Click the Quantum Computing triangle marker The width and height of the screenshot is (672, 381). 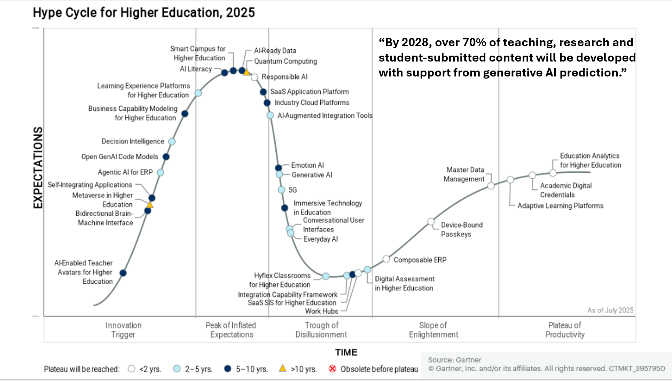click(247, 72)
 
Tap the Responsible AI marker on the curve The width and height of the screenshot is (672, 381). click(255, 77)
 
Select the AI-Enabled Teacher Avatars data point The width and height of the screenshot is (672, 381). click(123, 273)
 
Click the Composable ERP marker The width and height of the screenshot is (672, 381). click(386, 259)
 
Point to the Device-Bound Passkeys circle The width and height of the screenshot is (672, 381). click(431, 222)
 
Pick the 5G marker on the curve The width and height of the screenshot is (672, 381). click(282, 190)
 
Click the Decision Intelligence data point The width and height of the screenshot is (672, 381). click(172, 141)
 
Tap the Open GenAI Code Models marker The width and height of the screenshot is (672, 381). click(166, 157)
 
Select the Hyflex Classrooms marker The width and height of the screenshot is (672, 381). click(326, 276)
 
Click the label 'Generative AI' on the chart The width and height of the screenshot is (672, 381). click(312, 175)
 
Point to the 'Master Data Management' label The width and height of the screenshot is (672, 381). click(464, 174)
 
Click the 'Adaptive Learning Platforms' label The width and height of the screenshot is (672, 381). click(560, 206)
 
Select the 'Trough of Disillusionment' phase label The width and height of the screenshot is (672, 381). click(321, 330)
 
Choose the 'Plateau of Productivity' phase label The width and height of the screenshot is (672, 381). click(565, 330)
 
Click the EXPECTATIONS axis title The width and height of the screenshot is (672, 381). click(38, 168)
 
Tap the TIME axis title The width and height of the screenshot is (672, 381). click(346, 352)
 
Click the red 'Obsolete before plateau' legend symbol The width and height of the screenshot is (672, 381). click(333, 368)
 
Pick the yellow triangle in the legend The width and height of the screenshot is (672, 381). click(283, 368)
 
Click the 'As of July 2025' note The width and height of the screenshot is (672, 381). click(610, 310)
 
